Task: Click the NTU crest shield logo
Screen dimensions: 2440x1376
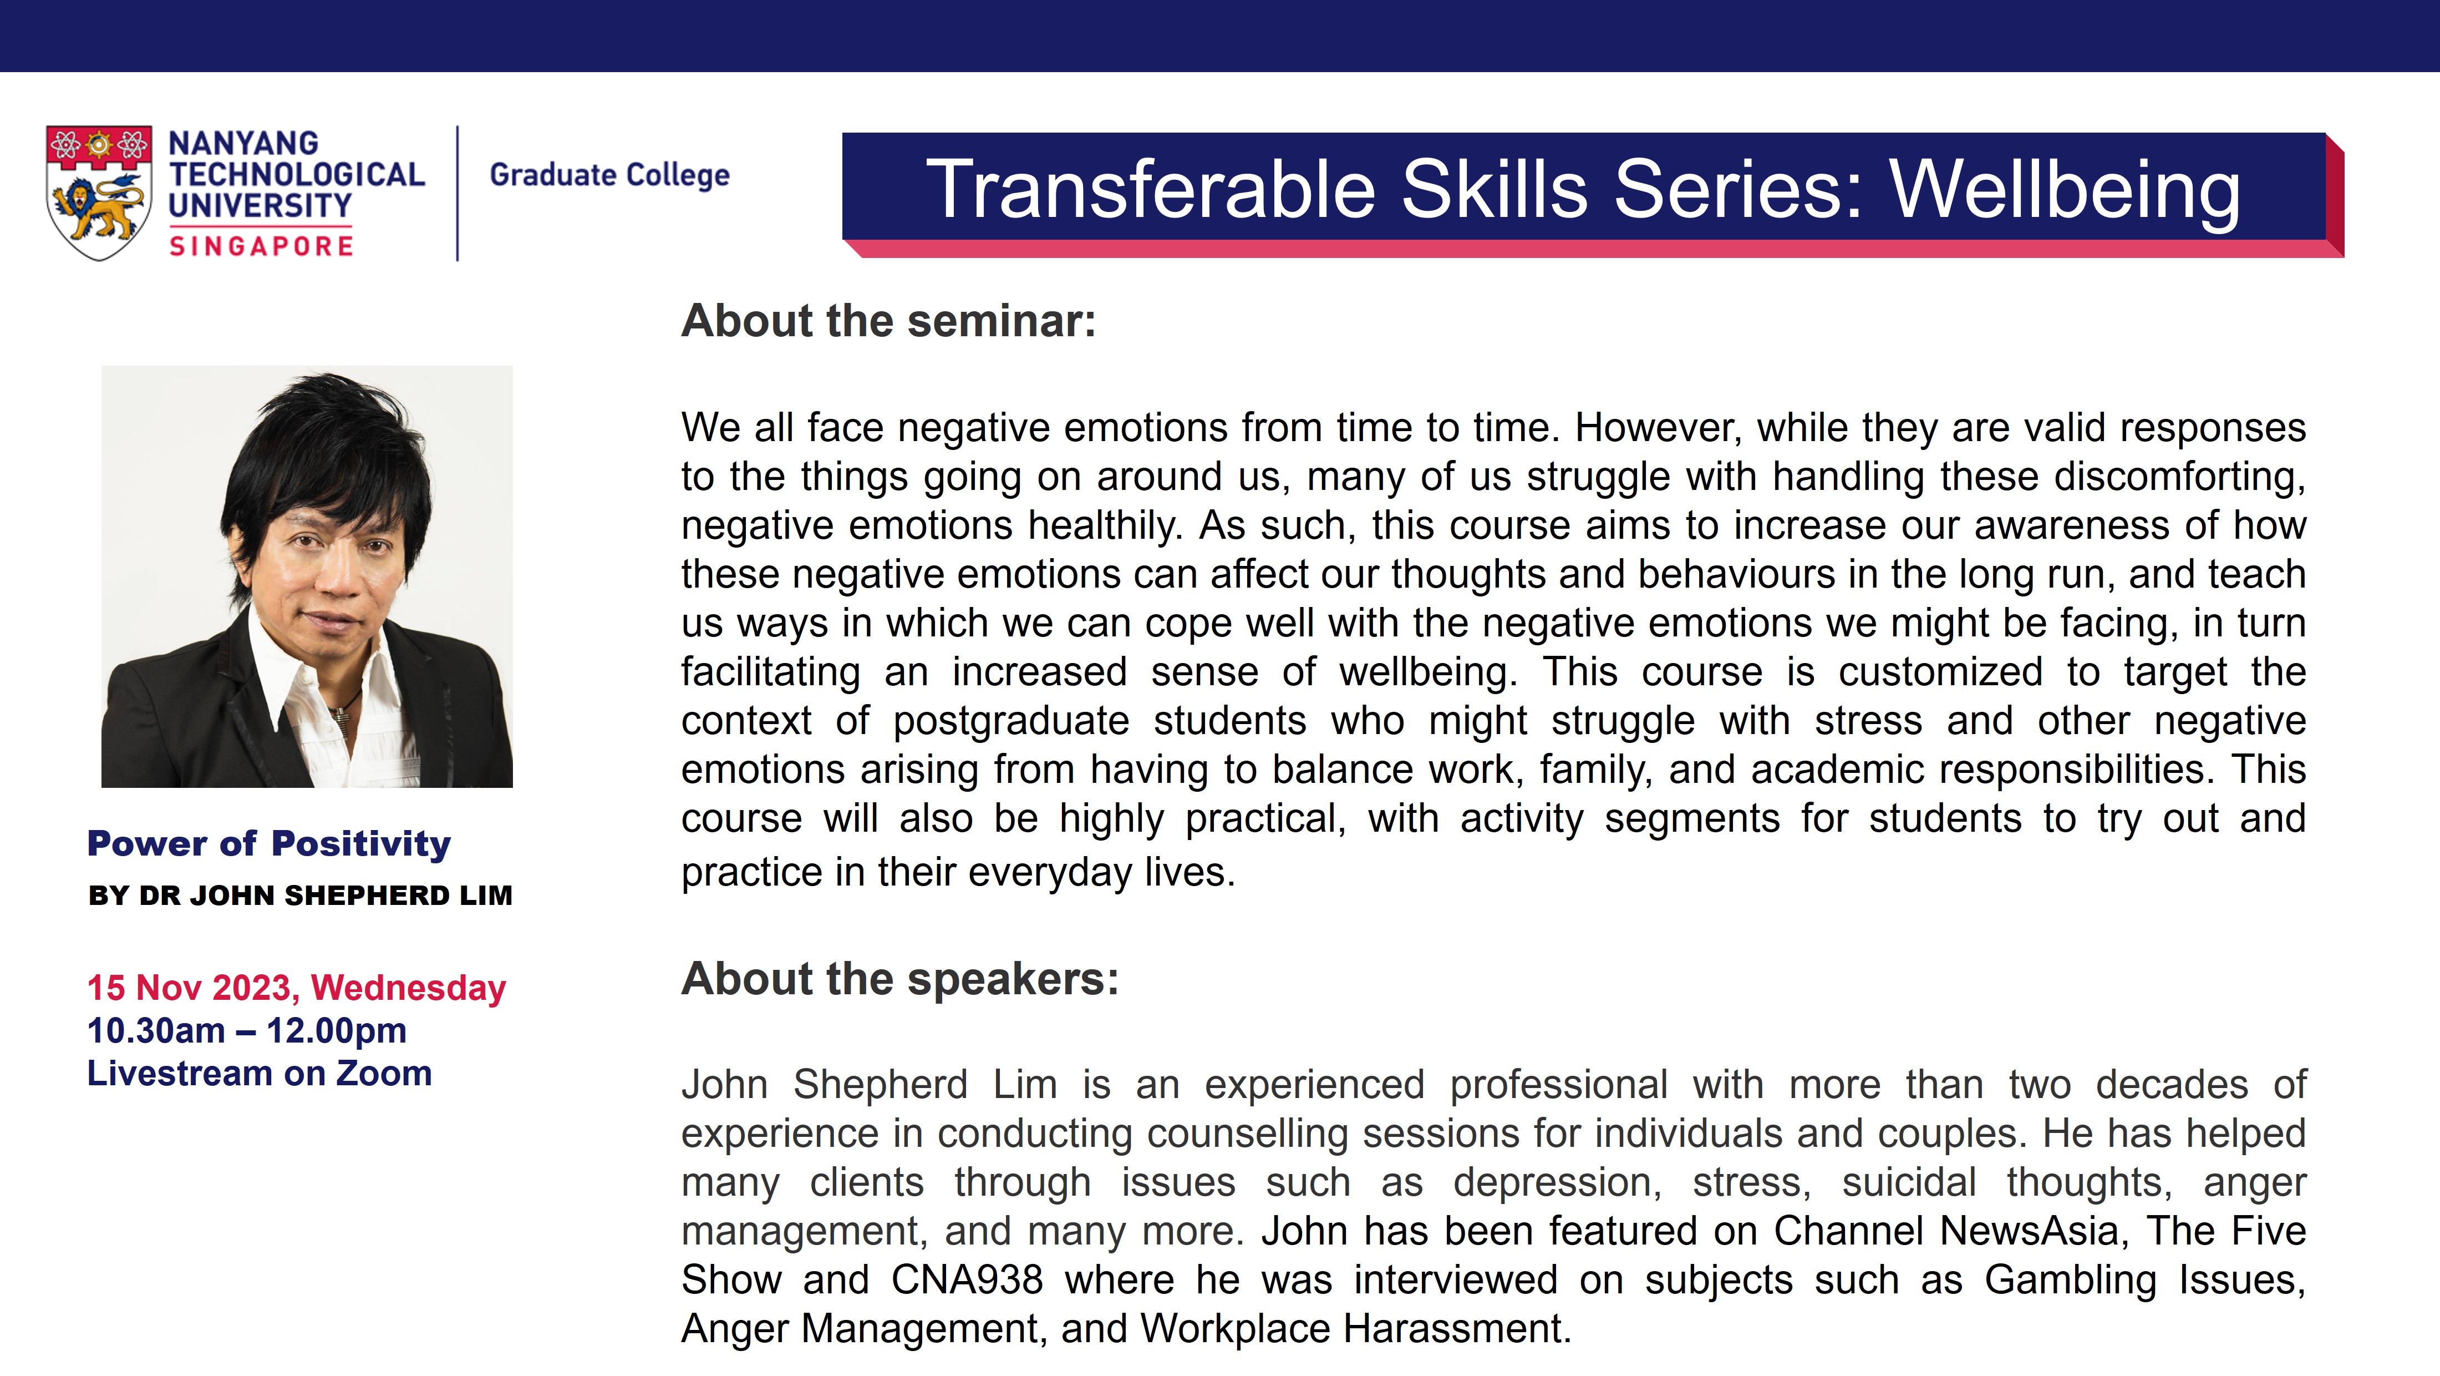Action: click(x=99, y=193)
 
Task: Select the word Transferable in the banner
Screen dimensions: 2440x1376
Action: click(x=1151, y=190)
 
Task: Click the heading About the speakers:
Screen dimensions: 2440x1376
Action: click(x=900, y=979)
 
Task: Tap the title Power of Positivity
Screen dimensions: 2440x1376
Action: click(x=269, y=843)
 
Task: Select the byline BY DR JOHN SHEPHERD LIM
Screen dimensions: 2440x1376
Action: click(x=300, y=896)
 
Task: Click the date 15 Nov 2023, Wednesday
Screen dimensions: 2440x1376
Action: click(x=297, y=988)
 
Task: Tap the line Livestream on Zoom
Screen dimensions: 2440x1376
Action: click(x=260, y=1074)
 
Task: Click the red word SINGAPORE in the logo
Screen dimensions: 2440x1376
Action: click(x=261, y=246)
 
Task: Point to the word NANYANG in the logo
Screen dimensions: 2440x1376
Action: click(x=243, y=143)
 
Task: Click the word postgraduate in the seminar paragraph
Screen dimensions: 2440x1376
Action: click(x=1011, y=722)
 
